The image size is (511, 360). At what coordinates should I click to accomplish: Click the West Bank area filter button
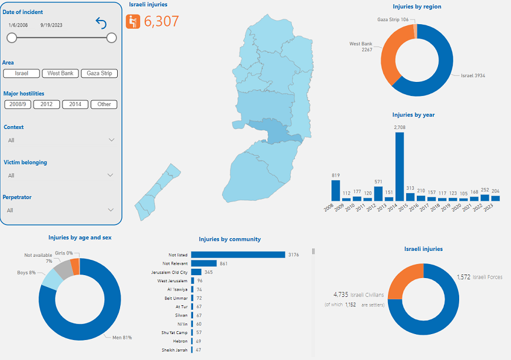(x=61, y=74)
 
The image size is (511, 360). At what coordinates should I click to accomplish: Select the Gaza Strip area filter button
(x=99, y=74)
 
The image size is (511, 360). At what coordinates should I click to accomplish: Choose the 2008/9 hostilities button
(x=17, y=104)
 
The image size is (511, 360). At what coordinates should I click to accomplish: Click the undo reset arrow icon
(x=101, y=24)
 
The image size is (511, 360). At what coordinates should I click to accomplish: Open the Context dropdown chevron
(x=111, y=140)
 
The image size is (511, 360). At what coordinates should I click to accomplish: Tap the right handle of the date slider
(x=112, y=38)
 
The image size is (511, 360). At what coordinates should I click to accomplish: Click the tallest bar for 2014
(x=400, y=167)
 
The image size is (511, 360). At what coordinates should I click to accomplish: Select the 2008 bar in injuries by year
(x=336, y=190)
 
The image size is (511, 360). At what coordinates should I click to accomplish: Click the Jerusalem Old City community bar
(x=195, y=272)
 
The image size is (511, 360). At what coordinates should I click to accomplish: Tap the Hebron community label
(x=181, y=341)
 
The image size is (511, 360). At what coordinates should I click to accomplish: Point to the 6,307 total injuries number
(x=161, y=22)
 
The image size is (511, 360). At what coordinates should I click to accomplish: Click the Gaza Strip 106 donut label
(x=393, y=19)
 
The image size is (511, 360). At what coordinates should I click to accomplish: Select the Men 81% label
(x=122, y=338)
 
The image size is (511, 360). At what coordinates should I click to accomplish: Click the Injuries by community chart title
(x=230, y=239)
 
